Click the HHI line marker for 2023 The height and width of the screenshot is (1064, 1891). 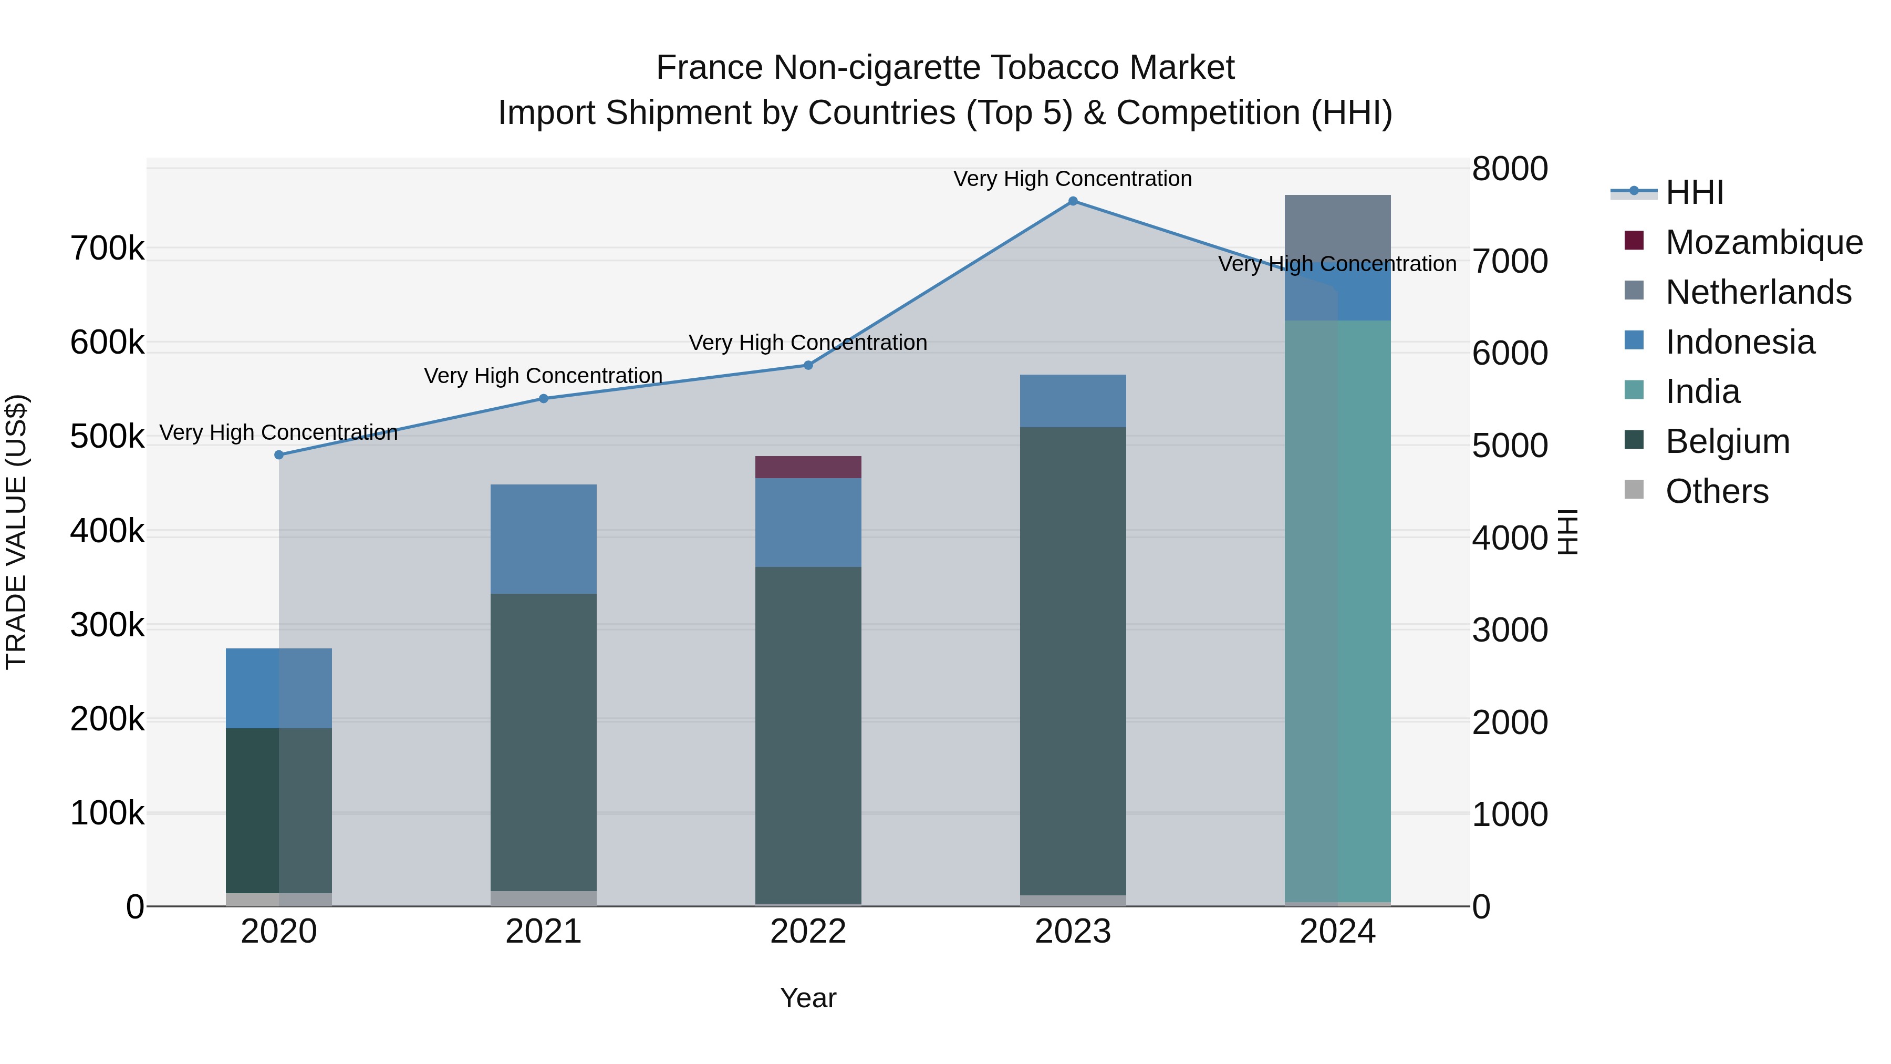click(x=1073, y=201)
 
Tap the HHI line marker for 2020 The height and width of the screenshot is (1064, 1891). click(x=279, y=455)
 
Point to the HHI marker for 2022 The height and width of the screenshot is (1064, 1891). click(x=808, y=365)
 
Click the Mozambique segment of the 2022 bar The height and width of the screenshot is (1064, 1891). click(x=808, y=467)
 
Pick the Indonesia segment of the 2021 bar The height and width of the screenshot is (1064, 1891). click(x=543, y=539)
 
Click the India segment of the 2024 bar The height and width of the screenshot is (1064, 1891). click(x=1337, y=610)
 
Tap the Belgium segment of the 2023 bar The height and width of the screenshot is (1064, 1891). click(x=1073, y=661)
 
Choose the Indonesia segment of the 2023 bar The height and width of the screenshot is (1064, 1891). click(x=1073, y=401)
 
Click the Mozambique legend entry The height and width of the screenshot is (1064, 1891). click(x=1763, y=242)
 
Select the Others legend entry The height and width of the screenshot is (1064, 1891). click(x=1716, y=491)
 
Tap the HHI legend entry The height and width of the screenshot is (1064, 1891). click(x=1694, y=192)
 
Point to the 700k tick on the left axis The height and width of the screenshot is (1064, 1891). click(x=107, y=249)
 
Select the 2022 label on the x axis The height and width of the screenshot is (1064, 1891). click(x=808, y=932)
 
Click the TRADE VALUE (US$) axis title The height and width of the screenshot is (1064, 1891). click(x=16, y=532)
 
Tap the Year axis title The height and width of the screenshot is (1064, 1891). click(x=808, y=998)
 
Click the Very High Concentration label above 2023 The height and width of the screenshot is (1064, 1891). click(x=1073, y=179)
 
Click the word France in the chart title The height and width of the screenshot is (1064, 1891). click(x=709, y=68)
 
